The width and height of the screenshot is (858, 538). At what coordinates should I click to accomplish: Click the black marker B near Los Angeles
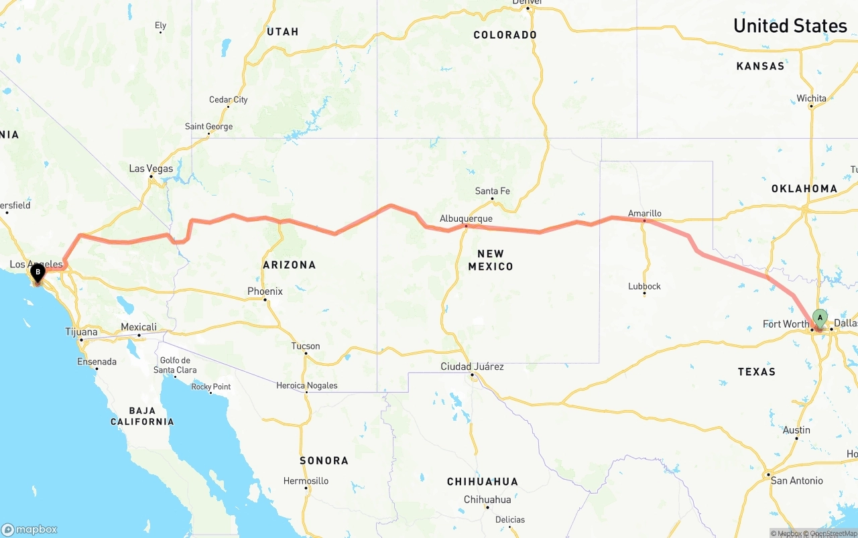pos(38,272)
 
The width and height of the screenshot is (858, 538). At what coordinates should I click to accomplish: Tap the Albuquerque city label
pos(466,218)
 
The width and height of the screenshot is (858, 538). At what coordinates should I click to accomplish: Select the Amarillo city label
pos(644,213)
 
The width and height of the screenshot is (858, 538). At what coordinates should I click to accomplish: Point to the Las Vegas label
pos(151,168)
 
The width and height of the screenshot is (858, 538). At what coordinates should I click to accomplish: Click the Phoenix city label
pos(265,291)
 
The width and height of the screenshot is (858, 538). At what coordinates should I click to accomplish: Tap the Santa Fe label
pos(492,191)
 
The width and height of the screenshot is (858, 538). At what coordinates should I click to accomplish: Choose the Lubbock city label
pos(644,286)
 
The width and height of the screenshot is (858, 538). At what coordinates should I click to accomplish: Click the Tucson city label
pos(305,346)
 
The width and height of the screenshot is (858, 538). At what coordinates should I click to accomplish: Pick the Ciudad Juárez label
pos(472,366)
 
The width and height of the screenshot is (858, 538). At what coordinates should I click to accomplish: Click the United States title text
pos(790,25)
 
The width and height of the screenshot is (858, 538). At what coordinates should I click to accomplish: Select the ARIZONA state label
pos(289,265)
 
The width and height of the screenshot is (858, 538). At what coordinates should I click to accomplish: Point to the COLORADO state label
pos(505,35)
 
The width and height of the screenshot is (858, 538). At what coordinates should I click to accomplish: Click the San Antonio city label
pos(796,480)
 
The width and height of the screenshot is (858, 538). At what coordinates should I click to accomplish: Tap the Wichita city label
pos(811,98)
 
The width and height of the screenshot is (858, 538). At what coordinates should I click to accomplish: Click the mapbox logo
pos(29,529)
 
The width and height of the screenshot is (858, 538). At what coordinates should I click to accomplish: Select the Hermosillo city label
pos(306,480)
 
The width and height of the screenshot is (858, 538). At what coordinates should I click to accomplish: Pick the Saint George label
pos(208,126)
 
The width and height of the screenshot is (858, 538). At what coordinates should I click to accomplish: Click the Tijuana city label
pos(81,332)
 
